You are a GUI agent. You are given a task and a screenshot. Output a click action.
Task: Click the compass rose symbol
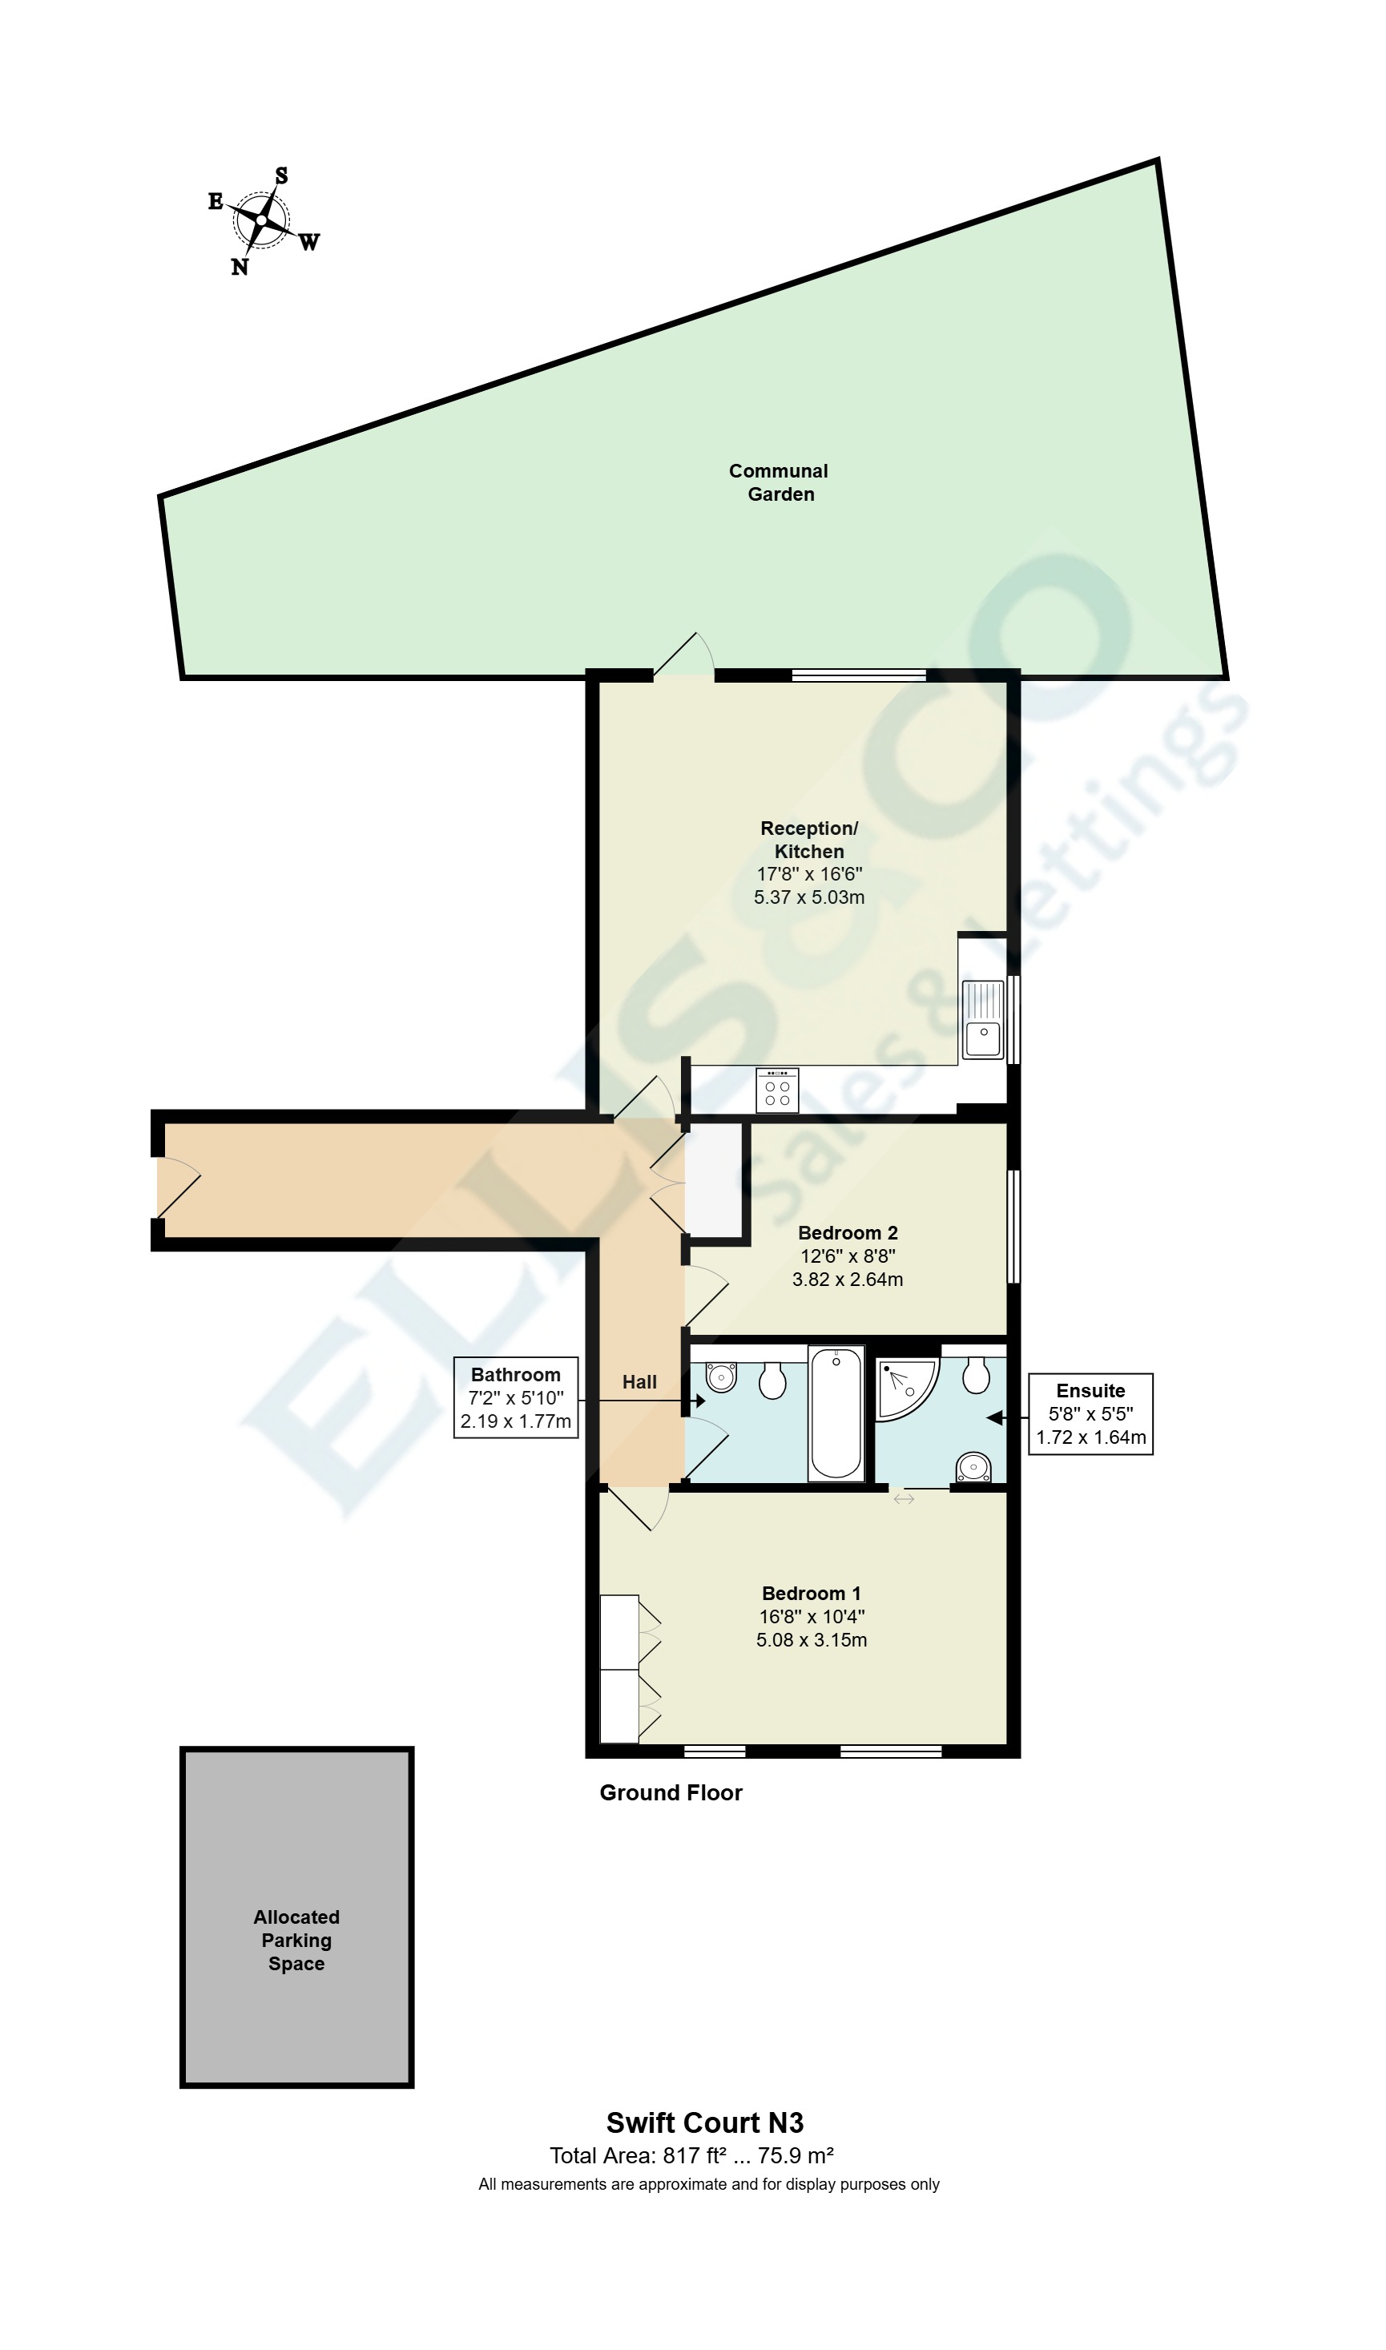point(261,220)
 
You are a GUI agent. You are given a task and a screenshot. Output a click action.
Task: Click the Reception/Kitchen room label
point(809,840)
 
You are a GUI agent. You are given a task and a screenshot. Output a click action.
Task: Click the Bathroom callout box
point(516,1398)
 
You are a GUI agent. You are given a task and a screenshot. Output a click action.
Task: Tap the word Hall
point(640,1382)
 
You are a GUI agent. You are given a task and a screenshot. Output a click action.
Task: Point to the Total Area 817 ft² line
point(691,2156)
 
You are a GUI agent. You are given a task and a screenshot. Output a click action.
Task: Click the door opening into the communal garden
point(683,657)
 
